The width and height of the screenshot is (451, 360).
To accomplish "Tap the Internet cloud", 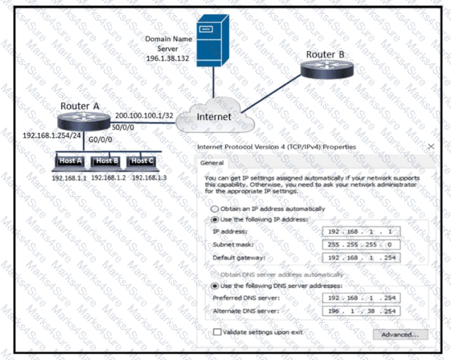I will (x=214, y=117).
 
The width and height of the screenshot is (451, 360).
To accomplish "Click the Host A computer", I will (x=70, y=162).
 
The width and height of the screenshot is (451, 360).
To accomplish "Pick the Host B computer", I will (x=107, y=162).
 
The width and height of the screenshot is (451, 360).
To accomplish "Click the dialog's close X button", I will (x=431, y=146).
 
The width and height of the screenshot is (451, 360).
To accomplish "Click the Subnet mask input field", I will (x=361, y=245).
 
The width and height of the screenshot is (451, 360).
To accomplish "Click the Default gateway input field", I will (x=361, y=258).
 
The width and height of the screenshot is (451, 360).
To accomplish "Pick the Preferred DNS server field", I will (x=361, y=298).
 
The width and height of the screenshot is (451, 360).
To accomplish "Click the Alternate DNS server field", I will (x=361, y=311).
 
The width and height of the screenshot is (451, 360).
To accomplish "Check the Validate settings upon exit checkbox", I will (x=217, y=332).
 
